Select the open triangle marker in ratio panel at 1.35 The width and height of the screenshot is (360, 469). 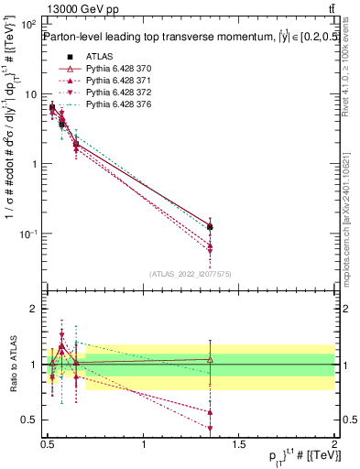coord(211,359)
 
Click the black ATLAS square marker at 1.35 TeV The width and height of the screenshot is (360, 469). coord(211,226)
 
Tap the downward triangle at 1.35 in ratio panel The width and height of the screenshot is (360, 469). coord(211,428)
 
